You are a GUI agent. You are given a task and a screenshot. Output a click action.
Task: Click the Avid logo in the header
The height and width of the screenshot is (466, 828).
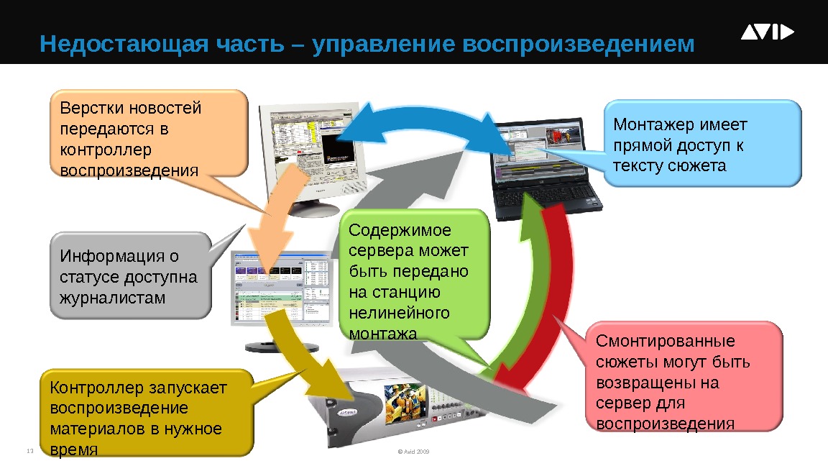pos(767,33)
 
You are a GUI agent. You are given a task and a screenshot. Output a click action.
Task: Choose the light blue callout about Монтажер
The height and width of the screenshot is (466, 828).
pos(701,144)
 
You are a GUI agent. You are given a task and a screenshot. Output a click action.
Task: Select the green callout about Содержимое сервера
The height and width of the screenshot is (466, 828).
pos(414,274)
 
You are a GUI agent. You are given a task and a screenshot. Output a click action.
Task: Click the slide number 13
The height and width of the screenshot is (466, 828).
pos(30,452)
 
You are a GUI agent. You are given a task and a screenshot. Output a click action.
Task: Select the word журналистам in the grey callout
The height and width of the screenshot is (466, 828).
pos(113,297)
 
